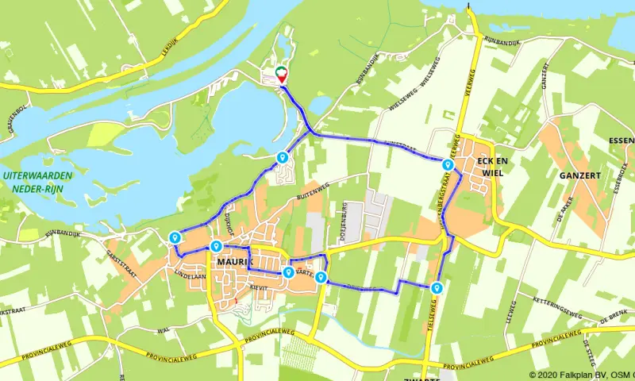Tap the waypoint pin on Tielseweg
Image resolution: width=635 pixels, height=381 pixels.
436,288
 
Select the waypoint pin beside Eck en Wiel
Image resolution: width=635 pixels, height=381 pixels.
448,165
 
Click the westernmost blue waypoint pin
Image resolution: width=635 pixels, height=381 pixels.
175,237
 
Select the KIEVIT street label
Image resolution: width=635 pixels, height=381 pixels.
259,287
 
